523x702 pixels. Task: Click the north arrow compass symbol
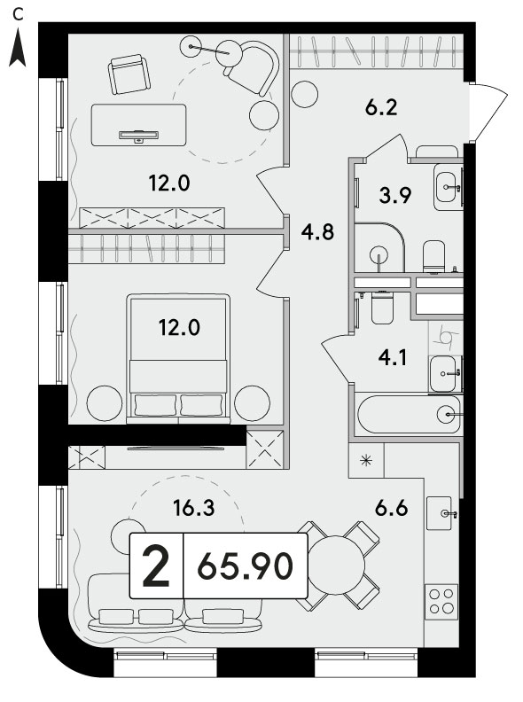coord(18,48)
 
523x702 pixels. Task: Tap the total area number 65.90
coord(246,566)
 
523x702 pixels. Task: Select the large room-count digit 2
coord(156,566)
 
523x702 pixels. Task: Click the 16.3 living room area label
coord(194,508)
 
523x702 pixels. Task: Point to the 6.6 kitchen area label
coord(392,509)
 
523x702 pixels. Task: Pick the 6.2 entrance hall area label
coord(381,108)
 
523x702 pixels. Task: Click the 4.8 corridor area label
coord(317,233)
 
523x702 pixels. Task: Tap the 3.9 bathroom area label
coord(395,196)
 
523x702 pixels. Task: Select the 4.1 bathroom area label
coord(392,358)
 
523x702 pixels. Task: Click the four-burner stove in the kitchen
coord(441,602)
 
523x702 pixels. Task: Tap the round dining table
coord(336,565)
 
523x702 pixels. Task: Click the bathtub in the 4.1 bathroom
coord(409,414)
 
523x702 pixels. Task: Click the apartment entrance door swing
coord(488,112)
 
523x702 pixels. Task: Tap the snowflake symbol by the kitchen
coord(366,460)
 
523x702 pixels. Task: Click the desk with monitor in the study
coord(139,125)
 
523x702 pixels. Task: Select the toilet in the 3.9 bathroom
coord(433,256)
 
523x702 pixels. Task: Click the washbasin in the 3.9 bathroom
coord(448,187)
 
